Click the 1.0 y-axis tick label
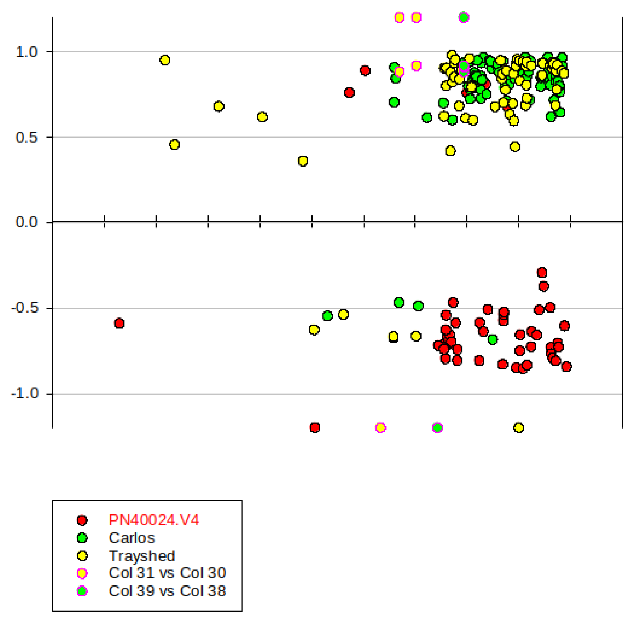[26, 52]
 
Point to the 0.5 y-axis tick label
[26, 138]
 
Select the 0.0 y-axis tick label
[26, 222]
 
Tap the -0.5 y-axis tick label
[25, 308]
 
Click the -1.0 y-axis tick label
[25, 393]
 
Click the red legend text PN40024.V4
[154, 520]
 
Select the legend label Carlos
[132, 538]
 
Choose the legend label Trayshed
[142, 556]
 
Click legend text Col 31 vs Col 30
[167, 573]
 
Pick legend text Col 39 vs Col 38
[167, 591]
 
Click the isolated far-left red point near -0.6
[119, 323]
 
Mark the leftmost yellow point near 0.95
[165, 60]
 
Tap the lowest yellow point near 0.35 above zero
[303, 161]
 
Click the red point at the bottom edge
[314, 427]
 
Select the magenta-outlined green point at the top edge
[464, 17]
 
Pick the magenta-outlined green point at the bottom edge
[438, 428]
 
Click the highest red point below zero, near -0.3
[542, 272]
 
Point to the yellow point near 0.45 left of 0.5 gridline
[174, 145]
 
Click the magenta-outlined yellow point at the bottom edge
[380, 428]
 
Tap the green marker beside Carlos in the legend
[82, 538]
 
